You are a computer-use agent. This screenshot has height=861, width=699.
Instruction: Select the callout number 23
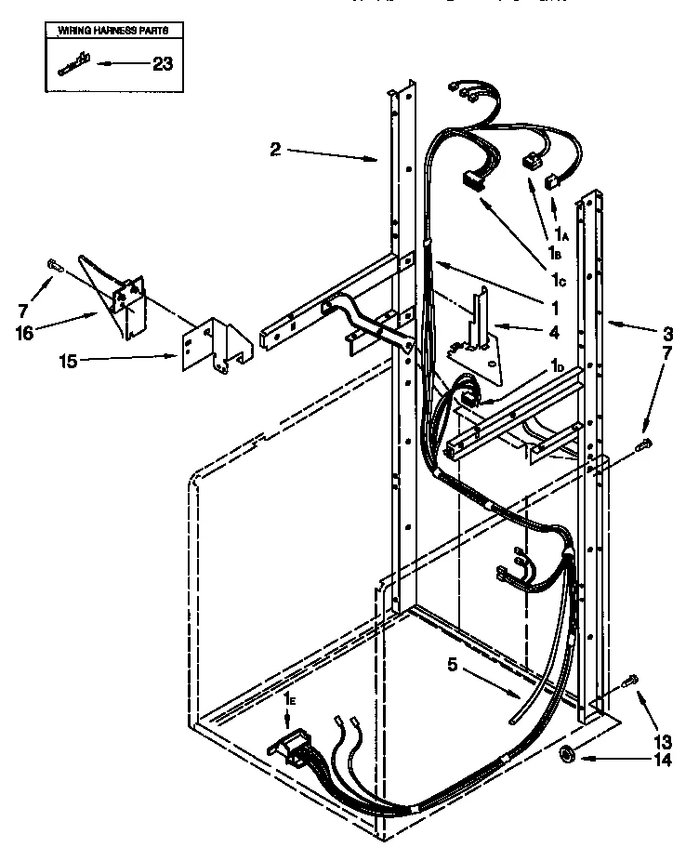point(161,64)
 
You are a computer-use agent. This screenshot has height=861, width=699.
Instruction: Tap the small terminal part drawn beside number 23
point(71,64)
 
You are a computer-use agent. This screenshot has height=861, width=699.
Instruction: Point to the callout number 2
point(276,149)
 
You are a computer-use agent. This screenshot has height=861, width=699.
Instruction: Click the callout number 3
point(667,332)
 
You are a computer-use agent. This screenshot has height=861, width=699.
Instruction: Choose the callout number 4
point(527,332)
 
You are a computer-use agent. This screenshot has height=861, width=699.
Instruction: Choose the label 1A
point(561,232)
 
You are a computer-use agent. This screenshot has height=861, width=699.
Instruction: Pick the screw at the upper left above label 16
point(51,266)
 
